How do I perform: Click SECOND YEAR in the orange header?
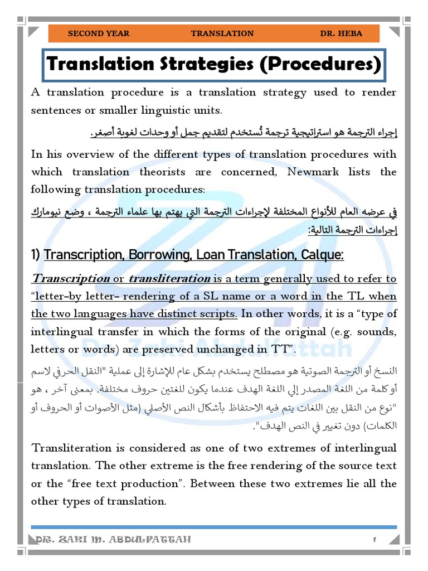pos(98,33)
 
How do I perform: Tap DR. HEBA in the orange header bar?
pos(341,33)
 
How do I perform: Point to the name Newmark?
pos(315,171)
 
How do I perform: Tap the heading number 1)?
pos(36,255)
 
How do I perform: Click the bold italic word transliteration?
pos(169,278)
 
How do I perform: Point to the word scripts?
pos(221,313)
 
